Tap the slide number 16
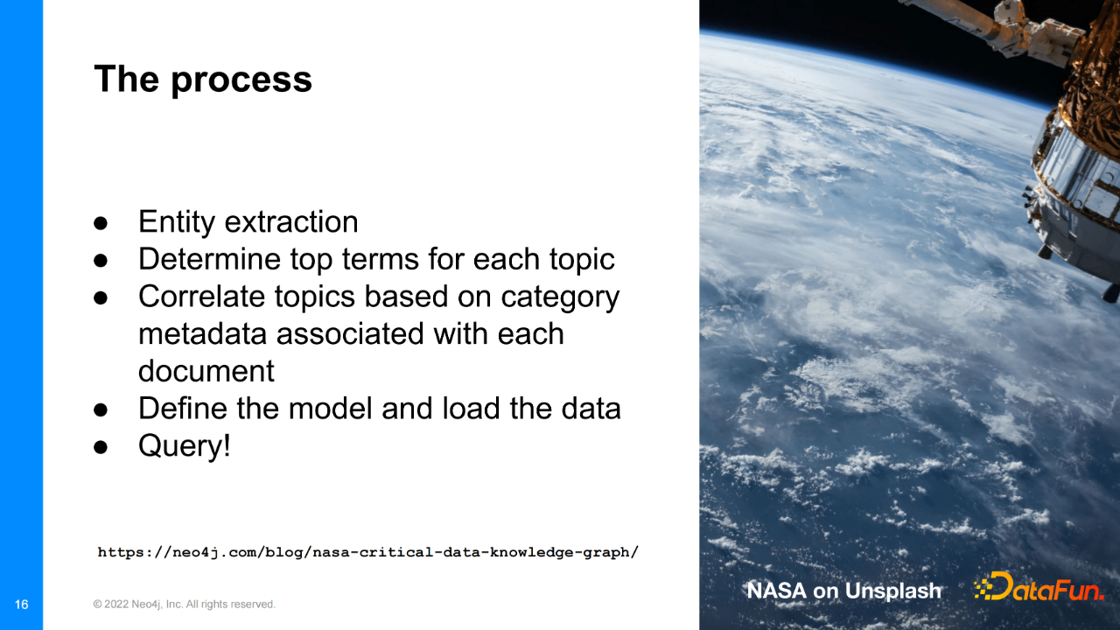pos(22,605)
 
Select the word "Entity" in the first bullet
pos(177,223)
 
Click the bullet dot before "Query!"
pos(101,447)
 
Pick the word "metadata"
pos(202,334)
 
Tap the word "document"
pos(206,371)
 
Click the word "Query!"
pos(185,446)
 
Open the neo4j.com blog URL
pos(368,552)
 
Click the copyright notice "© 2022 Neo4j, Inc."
pos(138,605)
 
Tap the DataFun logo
pos(1039,586)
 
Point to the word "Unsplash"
pos(893,591)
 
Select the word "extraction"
pos(291,222)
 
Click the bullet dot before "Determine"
pos(101,260)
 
